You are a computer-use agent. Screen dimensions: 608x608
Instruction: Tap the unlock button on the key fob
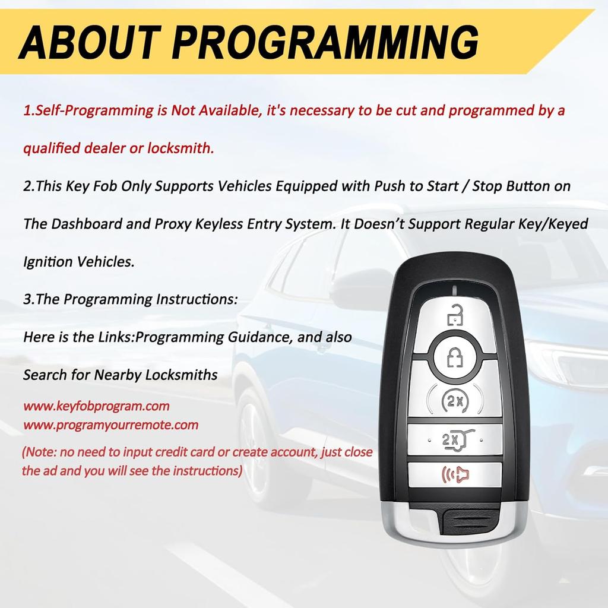click(x=455, y=315)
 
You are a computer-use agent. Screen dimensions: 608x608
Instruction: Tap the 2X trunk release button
click(x=455, y=440)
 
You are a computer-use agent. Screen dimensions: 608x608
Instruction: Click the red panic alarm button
click(x=455, y=475)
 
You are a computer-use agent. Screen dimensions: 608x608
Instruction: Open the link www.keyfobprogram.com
click(x=96, y=407)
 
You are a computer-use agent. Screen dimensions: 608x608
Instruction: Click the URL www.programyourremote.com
click(x=110, y=425)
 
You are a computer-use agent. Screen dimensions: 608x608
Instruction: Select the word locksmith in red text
click(x=182, y=148)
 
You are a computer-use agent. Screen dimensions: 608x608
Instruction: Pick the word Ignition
click(x=47, y=262)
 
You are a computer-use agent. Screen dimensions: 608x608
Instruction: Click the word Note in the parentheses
click(x=40, y=452)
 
